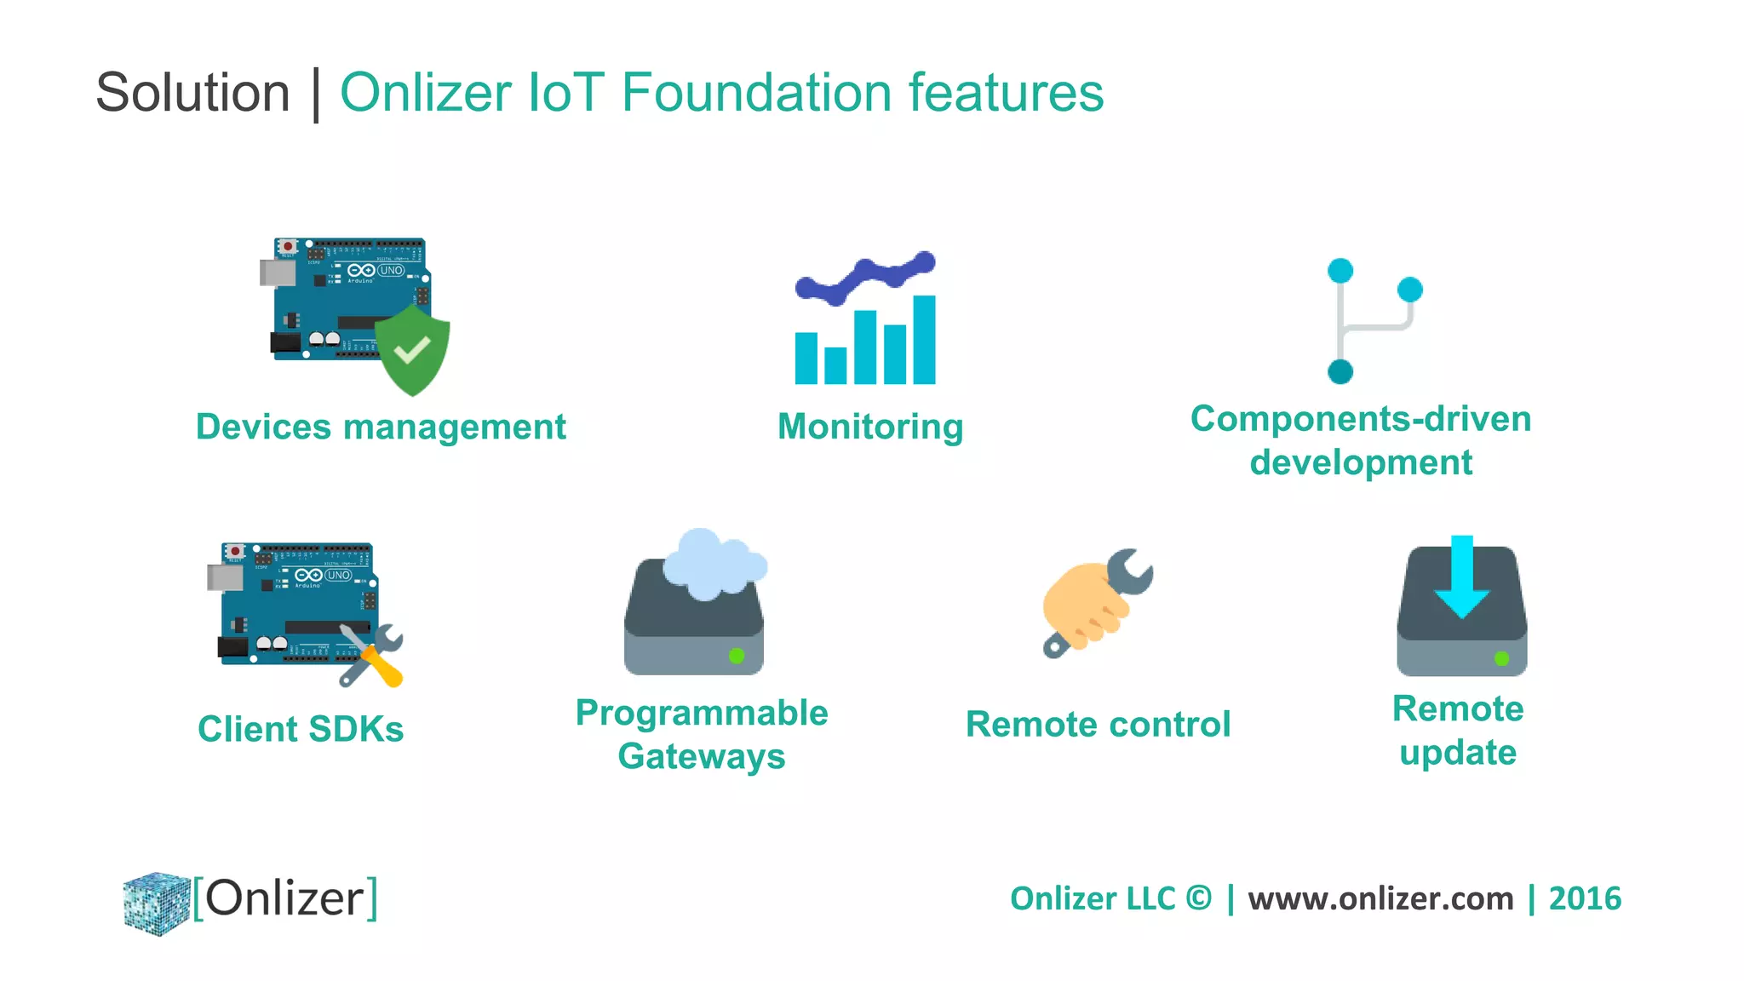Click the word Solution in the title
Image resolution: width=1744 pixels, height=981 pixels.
click(192, 92)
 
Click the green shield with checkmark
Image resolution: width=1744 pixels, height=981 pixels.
click(413, 351)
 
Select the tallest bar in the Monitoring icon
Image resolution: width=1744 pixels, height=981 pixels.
click(924, 339)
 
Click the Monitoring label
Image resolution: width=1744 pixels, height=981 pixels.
click(870, 427)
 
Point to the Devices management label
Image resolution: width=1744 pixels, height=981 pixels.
click(381, 427)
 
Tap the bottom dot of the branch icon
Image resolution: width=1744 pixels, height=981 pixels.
click(1340, 372)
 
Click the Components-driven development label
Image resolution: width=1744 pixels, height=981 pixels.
click(1361, 440)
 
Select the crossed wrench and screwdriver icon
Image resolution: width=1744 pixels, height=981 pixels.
click(372, 654)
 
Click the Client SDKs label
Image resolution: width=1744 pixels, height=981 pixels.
click(301, 729)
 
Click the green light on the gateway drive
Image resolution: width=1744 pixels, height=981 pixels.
click(737, 656)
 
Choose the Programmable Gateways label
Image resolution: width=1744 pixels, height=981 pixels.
click(702, 734)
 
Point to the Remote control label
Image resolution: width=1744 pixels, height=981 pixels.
click(1098, 725)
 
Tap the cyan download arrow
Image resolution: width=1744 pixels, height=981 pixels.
click(1462, 579)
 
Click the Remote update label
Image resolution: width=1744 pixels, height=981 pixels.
click(1458, 731)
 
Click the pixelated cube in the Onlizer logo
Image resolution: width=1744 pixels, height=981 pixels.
click(156, 903)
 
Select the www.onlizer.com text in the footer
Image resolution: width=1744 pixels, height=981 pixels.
click(1380, 899)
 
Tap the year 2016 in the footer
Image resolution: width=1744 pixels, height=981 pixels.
click(1585, 899)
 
